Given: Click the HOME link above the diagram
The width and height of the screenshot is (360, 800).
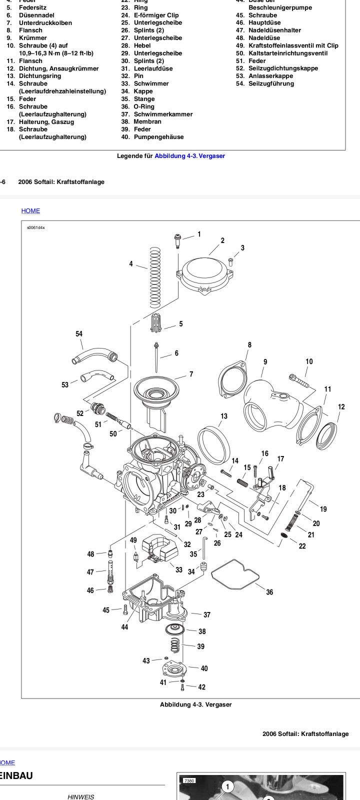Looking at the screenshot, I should [30, 211].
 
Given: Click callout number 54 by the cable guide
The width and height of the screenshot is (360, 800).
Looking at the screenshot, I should [79, 334].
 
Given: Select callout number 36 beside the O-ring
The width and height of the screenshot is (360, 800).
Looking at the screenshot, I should [269, 592].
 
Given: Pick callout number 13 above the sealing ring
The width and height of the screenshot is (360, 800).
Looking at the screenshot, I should [224, 416].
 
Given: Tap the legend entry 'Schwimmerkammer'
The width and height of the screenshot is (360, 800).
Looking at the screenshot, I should [162, 114].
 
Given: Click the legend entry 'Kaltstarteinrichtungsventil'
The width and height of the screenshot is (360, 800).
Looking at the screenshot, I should [288, 53].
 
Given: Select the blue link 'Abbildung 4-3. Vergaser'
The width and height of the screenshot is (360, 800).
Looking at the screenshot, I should [189, 156].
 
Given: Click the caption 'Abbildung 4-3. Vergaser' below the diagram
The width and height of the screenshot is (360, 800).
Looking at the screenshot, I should [195, 704].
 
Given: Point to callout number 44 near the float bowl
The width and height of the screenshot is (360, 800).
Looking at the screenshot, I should [124, 627].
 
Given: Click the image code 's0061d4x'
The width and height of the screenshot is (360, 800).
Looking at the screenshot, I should [36, 227].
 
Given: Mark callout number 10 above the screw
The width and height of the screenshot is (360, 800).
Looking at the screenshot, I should [309, 361].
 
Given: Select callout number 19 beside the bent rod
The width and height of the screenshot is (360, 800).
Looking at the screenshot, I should [323, 509].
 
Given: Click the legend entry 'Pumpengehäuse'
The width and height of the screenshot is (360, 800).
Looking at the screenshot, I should [158, 137].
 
